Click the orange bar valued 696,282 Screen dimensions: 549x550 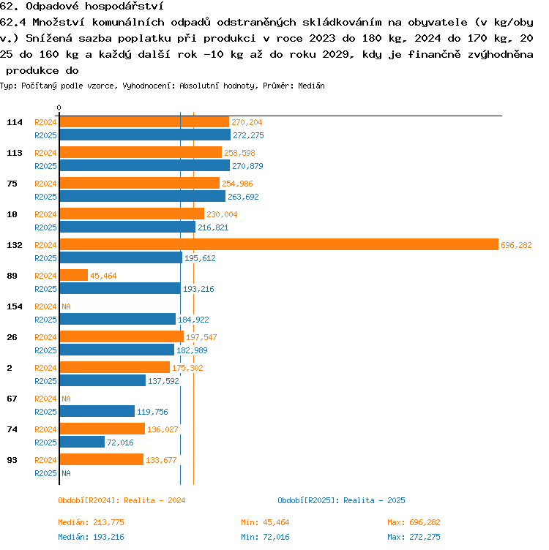pyautogui.click(x=279, y=244)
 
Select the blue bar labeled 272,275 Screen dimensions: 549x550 pyautogui.click(x=146, y=135)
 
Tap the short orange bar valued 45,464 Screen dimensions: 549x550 pyautogui.click(x=74, y=275)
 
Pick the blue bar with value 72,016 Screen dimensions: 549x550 pyautogui.click(x=82, y=442)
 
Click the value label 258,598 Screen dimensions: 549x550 pyautogui.click(x=240, y=153)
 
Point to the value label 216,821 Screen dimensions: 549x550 pyautogui.click(x=213, y=227)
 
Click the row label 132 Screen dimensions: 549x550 pyautogui.click(x=15, y=245)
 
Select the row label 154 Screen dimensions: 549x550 pyautogui.click(x=15, y=306)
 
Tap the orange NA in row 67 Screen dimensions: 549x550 pyautogui.click(x=66, y=399)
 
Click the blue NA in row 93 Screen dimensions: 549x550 pyautogui.click(x=66, y=473)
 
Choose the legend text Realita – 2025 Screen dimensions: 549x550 pyautogui.click(x=374, y=500)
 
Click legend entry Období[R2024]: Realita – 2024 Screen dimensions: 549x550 pyautogui.click(x=122, y=500)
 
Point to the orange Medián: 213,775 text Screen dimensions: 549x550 pyautogui.click(x=91, y=522)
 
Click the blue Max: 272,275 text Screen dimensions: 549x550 pyautogui.click(x=414, y=537)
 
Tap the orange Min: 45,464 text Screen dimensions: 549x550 pyautogui.click(x=265, y=522)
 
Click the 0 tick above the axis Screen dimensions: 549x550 pyautogui.click(x=59, y=108)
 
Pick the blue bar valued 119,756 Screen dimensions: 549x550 pyautogui.click(x=97, y=411)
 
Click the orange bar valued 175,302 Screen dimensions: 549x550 pyautogui.click(x=115, y=367)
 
